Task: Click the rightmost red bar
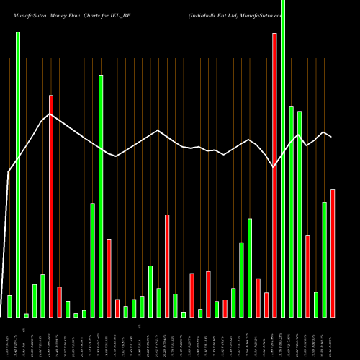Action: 333,253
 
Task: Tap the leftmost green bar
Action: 9,306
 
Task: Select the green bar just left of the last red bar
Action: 324,259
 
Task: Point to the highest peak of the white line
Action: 50,114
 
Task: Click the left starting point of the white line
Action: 8,172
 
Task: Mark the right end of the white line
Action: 331,137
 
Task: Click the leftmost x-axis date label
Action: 9,338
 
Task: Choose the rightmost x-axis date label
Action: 332,338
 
